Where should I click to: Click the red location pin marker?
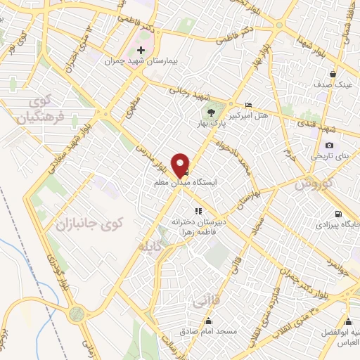coord(181,165)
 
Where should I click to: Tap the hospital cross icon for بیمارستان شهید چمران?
coord(141,50)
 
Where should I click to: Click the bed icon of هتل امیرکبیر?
coord(248,105)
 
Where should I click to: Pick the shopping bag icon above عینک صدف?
coord(333,74)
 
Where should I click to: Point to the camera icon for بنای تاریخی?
coord(329,145)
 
